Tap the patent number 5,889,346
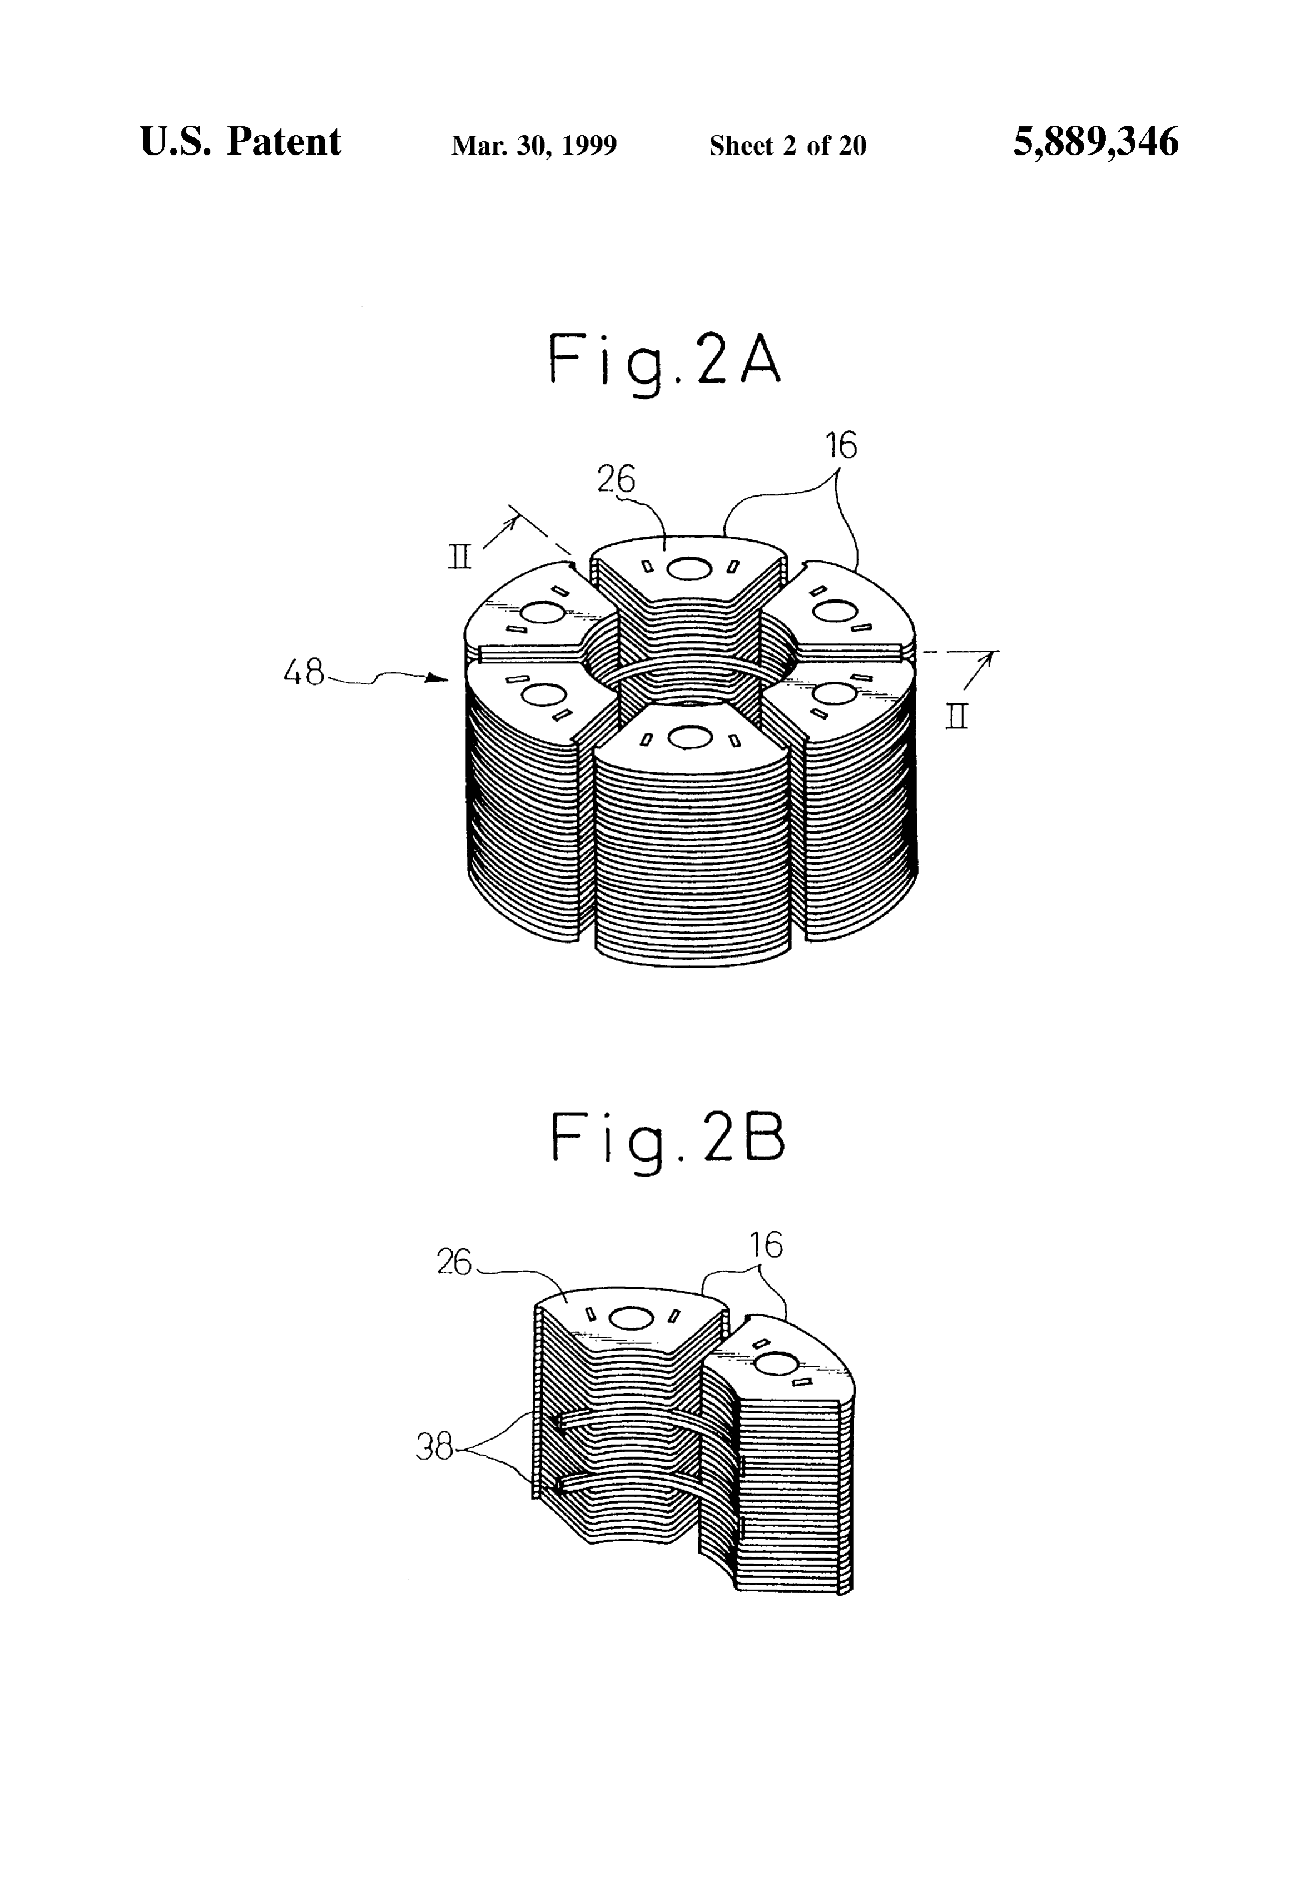(1095, 142)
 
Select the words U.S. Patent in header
(241, 141)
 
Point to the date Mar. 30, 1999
(534, 145)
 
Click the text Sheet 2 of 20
(788, 145)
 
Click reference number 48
(304, 673)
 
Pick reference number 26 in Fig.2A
(616, 479)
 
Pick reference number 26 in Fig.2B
(454, 1262)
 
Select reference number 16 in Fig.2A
(841, 445)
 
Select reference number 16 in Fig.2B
(766, 1245)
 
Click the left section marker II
(460, 558)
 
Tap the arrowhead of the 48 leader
(440, 677)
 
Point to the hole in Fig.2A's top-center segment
(690, 568)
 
